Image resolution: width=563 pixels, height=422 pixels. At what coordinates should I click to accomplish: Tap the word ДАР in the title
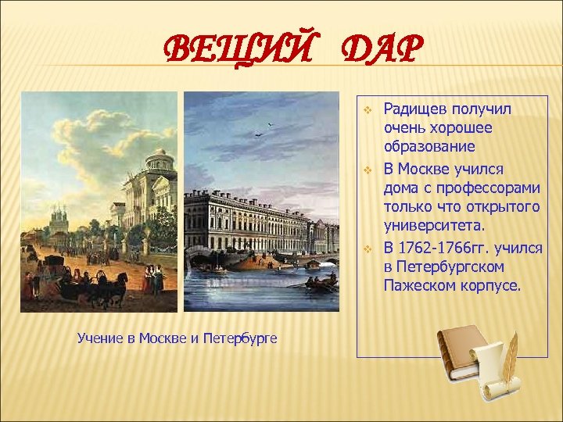coord(375,52)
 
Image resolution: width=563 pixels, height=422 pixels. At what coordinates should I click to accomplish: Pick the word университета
coord(433,227)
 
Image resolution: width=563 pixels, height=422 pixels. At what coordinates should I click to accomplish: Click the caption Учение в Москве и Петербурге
coord(178,338)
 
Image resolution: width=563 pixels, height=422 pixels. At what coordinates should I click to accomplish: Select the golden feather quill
coord(511,355)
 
